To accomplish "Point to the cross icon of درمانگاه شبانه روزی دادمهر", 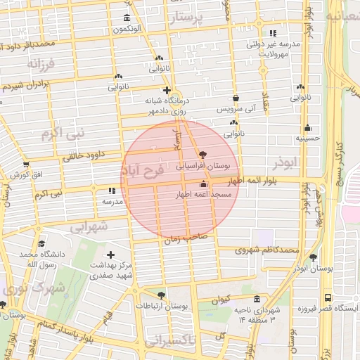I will pos(167,90).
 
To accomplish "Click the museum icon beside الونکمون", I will pos(127,18).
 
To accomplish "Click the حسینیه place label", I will pos(307,139).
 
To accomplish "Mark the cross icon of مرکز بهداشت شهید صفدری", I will pos(110,255).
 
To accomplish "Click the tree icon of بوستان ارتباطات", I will pos(162,295).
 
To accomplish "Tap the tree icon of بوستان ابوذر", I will pos(313,257).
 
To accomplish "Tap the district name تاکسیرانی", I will pos(172,341).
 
